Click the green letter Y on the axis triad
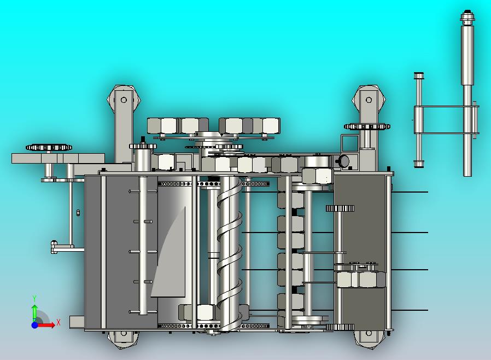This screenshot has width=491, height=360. [34, 298]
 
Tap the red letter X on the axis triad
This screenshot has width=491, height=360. [59, 322]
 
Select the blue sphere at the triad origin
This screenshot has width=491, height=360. [35, 325]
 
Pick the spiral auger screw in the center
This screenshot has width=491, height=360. [230, 254]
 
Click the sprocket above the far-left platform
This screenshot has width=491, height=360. [49, 147]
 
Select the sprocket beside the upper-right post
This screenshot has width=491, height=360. [367, 126]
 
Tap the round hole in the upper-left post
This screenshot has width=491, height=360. [124, 100]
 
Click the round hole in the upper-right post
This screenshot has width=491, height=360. [369, 100]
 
